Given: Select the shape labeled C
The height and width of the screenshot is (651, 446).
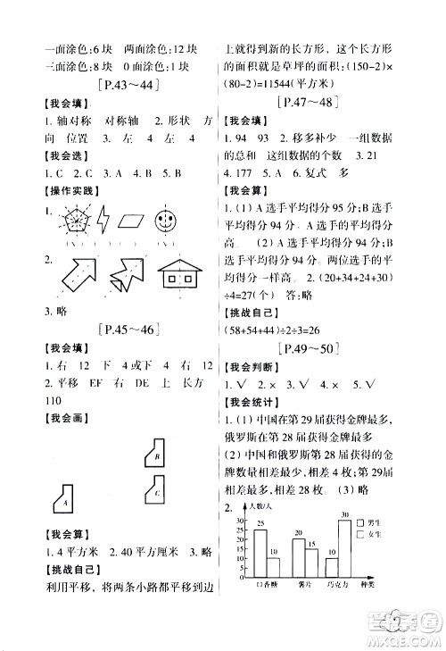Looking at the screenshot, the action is (153, 490).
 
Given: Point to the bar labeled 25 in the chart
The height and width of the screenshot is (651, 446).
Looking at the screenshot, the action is (261, 554).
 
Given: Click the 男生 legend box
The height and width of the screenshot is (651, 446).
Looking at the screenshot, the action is (359, 522).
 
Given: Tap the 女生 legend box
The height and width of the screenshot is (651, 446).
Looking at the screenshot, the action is (359, 534).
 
